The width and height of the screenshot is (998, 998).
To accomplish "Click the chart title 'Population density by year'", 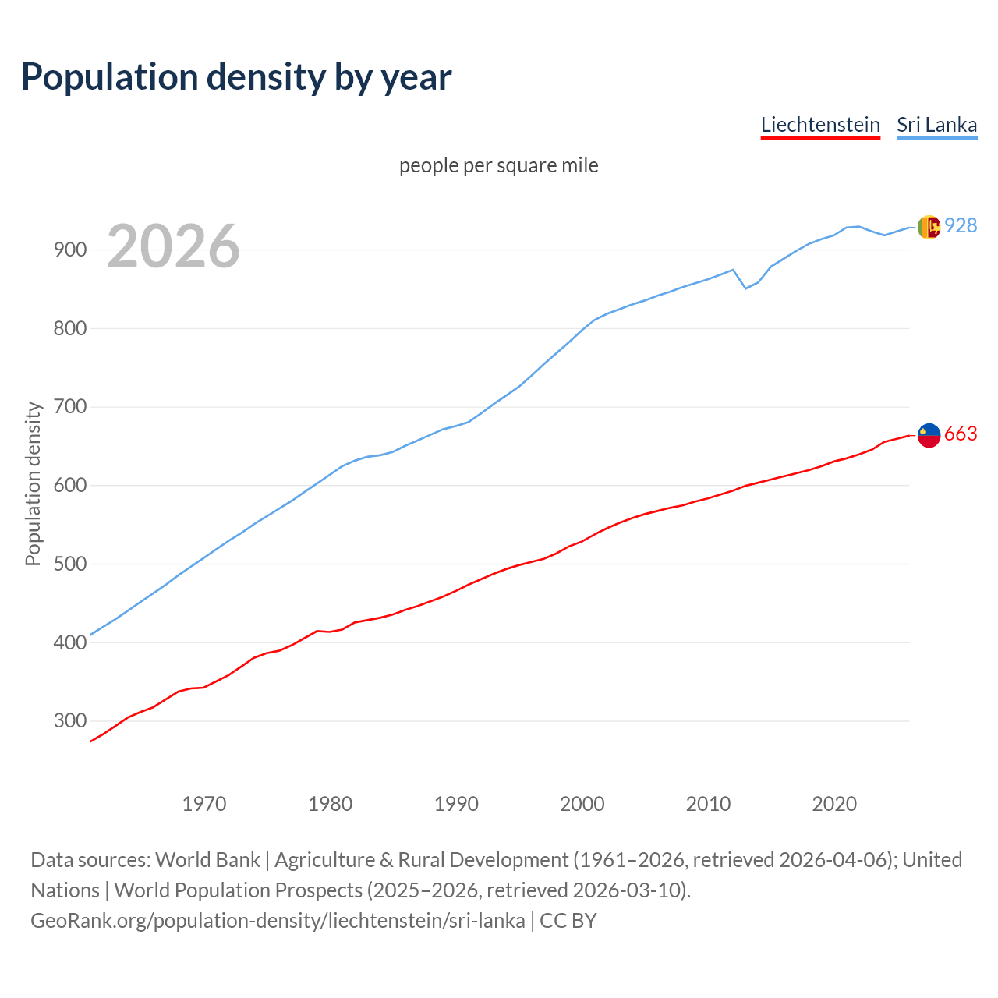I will [236, 76].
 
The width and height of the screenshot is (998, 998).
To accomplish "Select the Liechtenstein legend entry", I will [820, 125].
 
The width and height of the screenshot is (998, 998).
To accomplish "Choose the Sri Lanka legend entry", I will [936, 125].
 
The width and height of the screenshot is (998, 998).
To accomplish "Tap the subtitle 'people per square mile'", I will [499, 165].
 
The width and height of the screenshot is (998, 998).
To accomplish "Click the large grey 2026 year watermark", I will [173, 246].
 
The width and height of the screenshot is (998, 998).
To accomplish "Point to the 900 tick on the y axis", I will [69, 250].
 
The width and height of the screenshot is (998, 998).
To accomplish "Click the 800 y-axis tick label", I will [69, 328].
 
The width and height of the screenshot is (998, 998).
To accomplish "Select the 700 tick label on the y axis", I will [69, 407].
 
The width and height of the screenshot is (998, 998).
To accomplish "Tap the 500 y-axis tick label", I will [69, 564].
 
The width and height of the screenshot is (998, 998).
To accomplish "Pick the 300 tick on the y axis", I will [69, 720].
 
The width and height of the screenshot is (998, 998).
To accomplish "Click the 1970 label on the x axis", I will [204, 804].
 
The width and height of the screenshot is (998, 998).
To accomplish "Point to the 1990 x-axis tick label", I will [456, 804].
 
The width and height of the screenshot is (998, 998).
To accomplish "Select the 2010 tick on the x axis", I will [708, 804].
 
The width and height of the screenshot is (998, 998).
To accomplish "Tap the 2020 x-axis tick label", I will [834, 804].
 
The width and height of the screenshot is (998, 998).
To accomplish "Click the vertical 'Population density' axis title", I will [33, 483].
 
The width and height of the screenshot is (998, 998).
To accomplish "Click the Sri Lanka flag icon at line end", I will [929, 227].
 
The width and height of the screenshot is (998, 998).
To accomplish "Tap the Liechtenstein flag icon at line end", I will [929, 436].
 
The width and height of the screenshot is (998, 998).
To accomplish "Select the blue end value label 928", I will [961, 225].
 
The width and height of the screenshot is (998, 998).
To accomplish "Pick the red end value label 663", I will [961, 434].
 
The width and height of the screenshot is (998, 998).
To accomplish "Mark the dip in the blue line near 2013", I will [745, 288].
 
